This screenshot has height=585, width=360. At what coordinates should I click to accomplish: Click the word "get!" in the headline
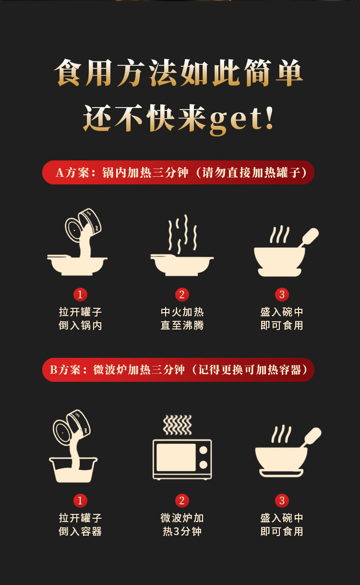pyautogui.click(x=241, y=120)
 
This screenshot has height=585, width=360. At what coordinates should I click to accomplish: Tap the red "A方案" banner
pyautogui.click(x=178, y=172)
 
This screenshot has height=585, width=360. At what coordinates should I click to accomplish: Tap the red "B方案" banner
pyautogui.click(x=178, y=370)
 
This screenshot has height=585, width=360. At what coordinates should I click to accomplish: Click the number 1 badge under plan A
pyautogui.click(x=80, y=294)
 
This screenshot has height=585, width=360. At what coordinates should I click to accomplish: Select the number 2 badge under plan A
pyautogui.click(x=182, y=294)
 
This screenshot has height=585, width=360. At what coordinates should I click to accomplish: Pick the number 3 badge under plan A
pyautogui.click(x=282, y=294)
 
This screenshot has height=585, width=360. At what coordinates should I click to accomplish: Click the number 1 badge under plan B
pyautogui.click(x=80, y=500)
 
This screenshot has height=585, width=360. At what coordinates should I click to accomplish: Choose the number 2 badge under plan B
pyautogui.click(x=182, y=500)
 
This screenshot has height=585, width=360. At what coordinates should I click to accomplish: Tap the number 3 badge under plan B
pyautogui.click(x=282, y=500)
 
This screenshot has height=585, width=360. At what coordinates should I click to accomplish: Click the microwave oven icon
pyautogui.click(x=182, y=460)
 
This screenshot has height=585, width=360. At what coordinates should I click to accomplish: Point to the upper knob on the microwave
pyautogui.click(x=203, y=450)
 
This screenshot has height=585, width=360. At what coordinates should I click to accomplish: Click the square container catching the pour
pyautogui.click(x=73, y=470)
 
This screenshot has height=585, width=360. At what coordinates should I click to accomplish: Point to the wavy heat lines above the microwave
pyautogui.click(x=177, y=425)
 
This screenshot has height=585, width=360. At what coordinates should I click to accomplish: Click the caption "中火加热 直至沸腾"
pyautogui.click(x=182, y=318)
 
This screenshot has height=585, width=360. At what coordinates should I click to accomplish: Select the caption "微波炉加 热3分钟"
pyautogui.click(x=182, y=524)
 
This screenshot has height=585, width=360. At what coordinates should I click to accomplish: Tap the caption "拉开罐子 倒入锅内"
pyautogui.click(x=80, y=318)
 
